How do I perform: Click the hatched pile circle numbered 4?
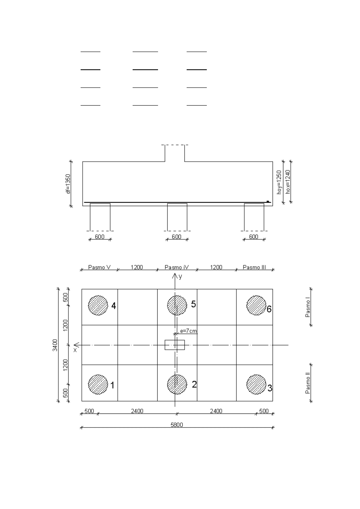98,305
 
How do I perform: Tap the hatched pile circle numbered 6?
256,305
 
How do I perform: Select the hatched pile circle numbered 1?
98,384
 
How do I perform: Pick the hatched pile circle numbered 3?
256,384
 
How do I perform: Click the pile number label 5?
194,304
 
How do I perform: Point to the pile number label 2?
194,384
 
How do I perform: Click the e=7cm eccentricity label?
188,331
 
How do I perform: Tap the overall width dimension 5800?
177,425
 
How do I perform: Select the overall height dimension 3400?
55,345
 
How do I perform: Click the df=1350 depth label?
68,184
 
